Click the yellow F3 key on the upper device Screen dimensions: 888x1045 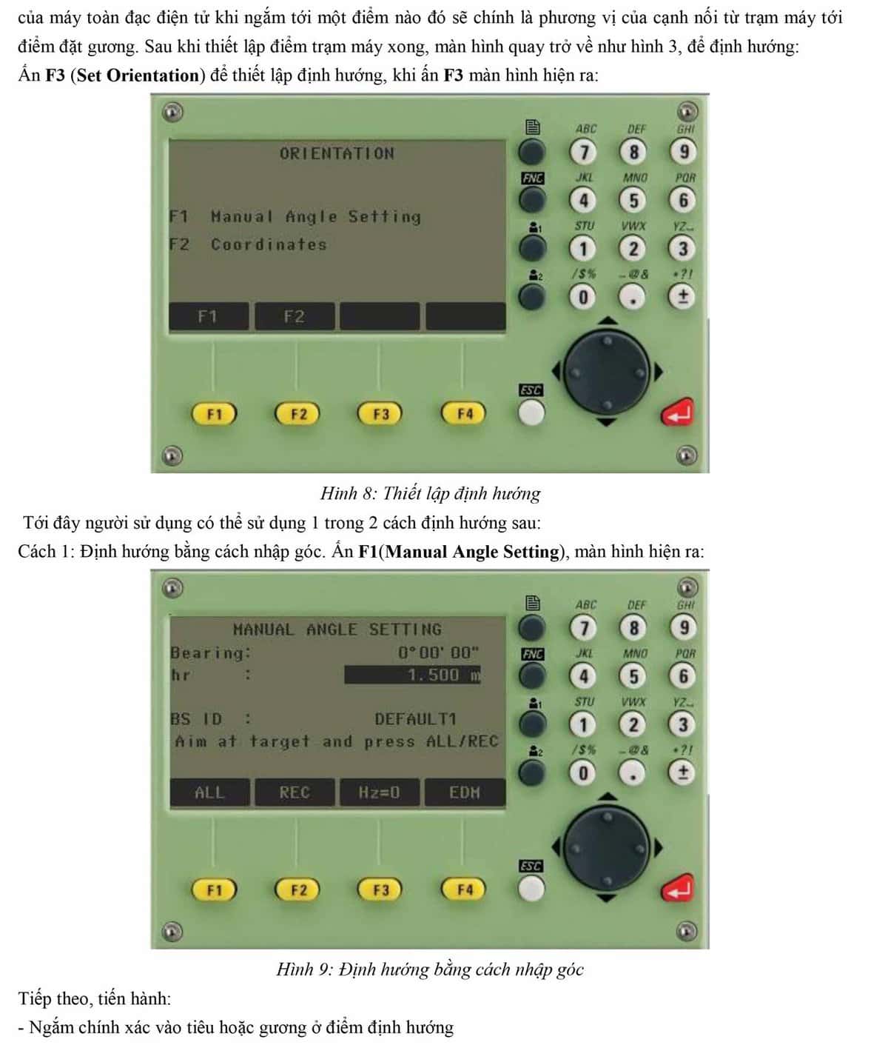coord(380,414)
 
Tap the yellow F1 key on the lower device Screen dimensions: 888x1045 coord(214,889)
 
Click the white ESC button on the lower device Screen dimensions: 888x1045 coord(531,888)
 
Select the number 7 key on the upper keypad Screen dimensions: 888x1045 coord(583,152)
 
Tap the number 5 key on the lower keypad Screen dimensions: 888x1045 coord(633,676)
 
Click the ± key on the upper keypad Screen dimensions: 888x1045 coord(682,296)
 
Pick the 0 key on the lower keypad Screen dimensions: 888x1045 coord(583,773)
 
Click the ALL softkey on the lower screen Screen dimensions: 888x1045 coord(209,792)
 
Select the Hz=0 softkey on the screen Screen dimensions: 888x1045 coord(380,792)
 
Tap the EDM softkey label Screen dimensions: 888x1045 coord(465,792)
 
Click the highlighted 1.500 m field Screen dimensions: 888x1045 coord(412,675)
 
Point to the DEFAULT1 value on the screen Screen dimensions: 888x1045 coord(415,718)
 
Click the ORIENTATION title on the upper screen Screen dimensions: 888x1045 coord(337,154)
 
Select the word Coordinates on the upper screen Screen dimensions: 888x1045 coord(269,244)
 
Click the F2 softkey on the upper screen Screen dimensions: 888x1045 coord(295,316)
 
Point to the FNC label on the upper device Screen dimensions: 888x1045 coord(532,178)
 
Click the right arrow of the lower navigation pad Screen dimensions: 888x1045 coord(658,848)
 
